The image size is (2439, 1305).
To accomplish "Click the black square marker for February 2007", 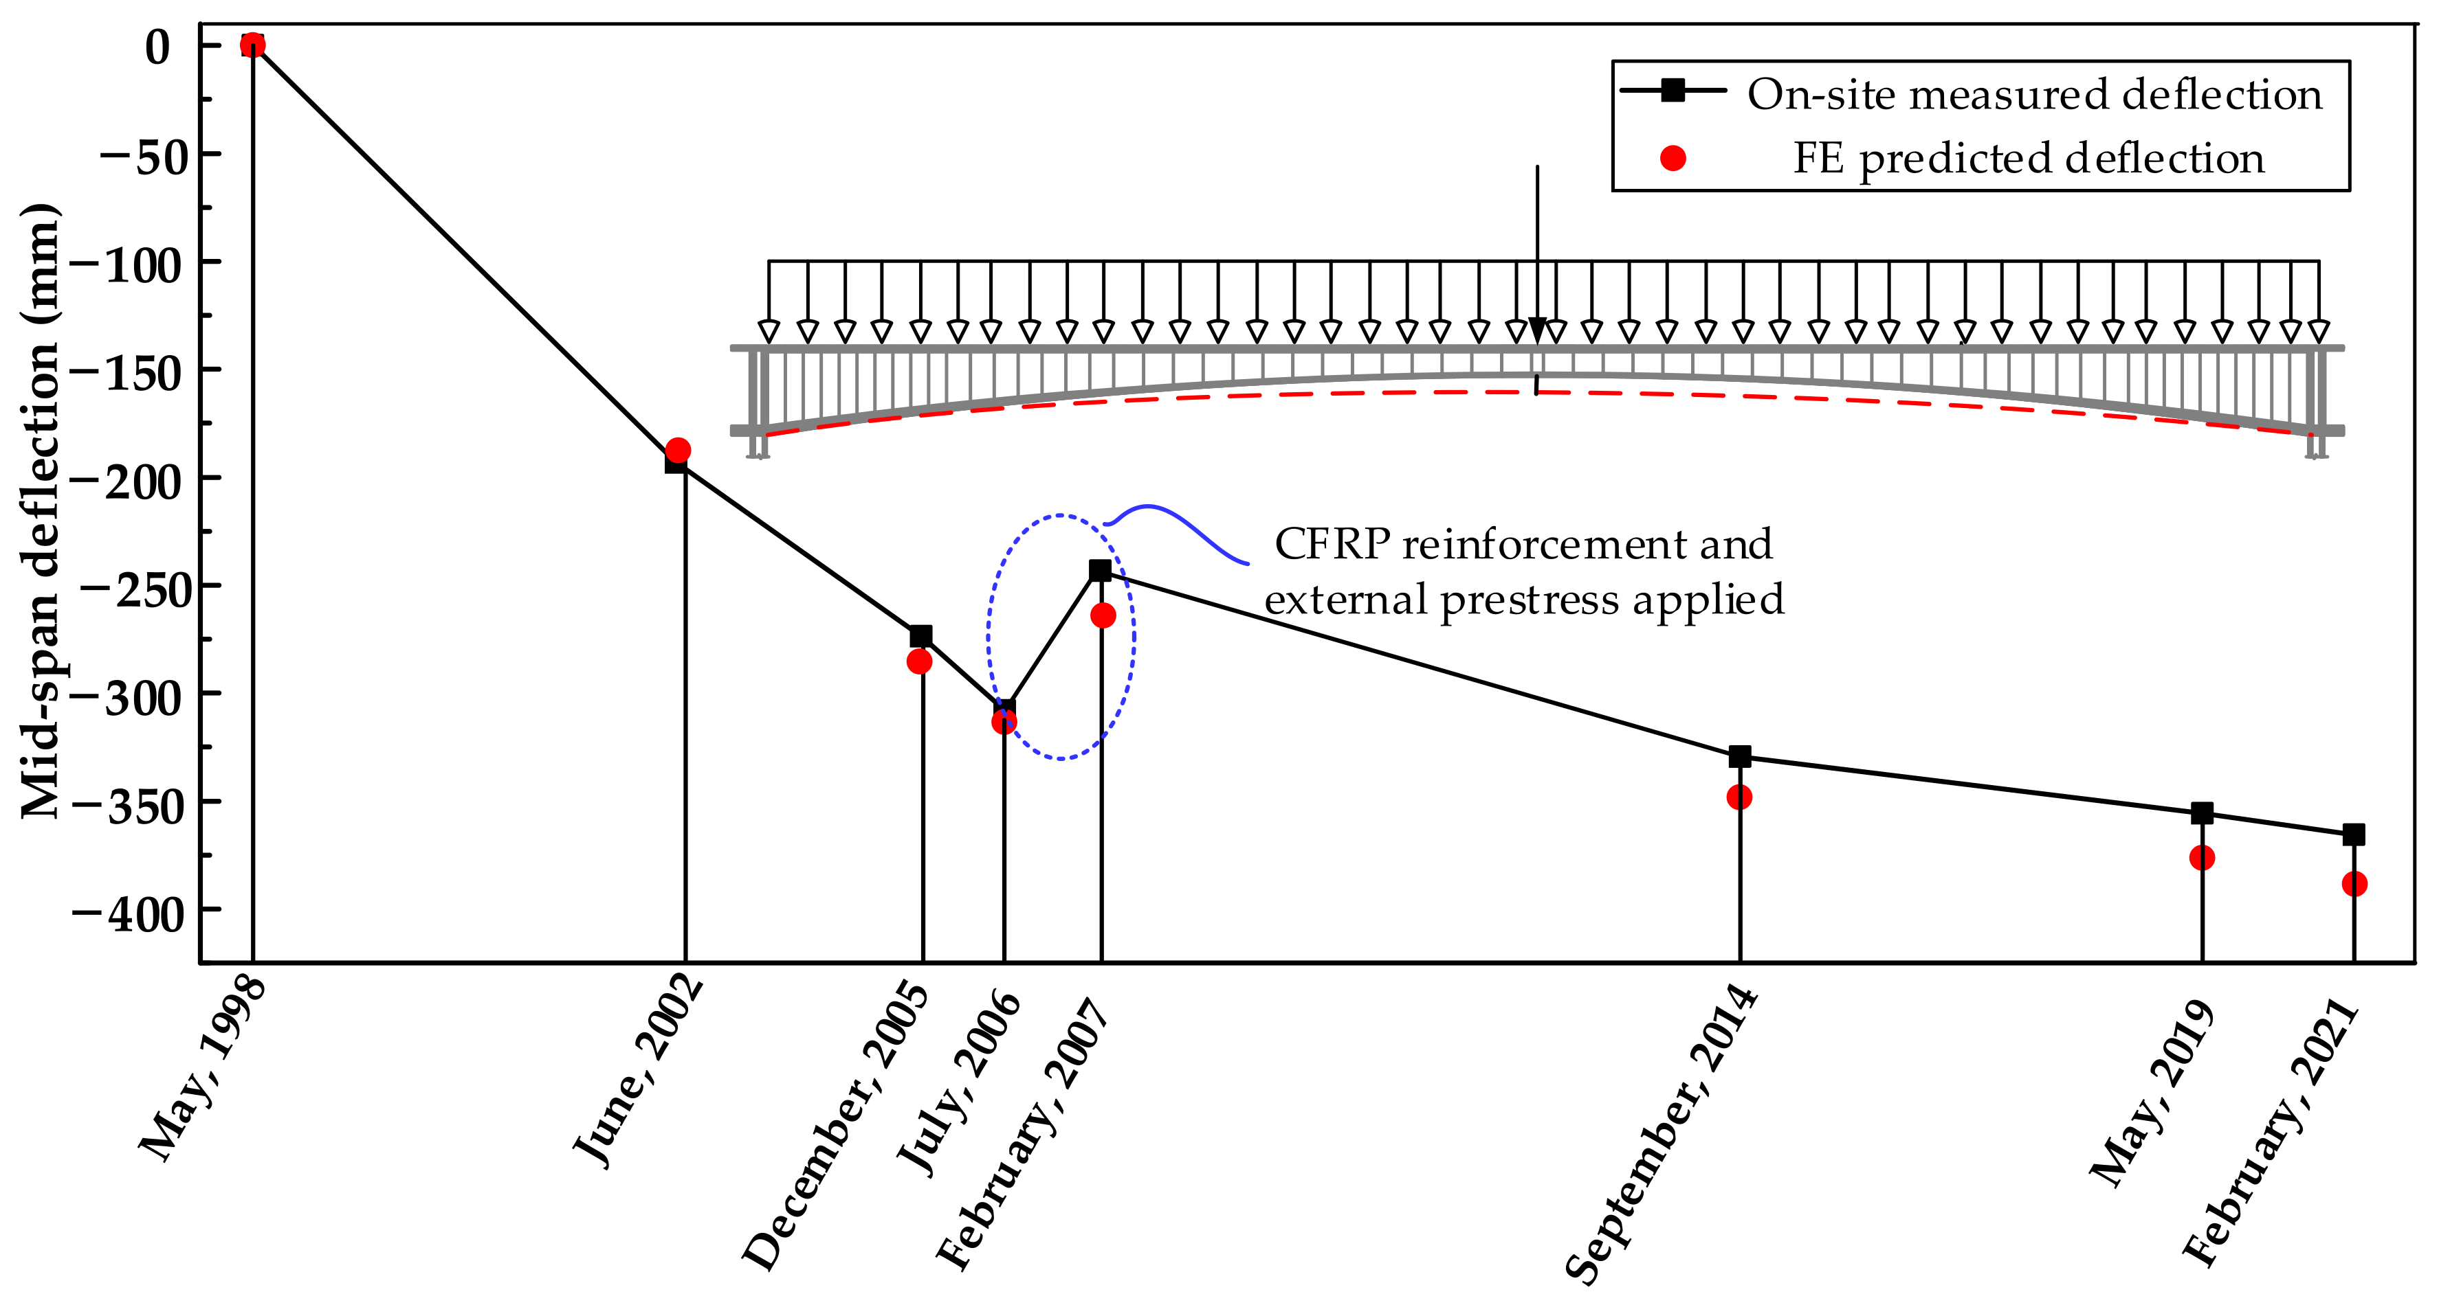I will point(1099,571).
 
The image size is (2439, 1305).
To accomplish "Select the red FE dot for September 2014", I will point(1739,797).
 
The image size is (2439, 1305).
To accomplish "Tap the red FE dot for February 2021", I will point(2354,884).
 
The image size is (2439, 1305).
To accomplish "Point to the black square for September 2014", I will point(1739,756).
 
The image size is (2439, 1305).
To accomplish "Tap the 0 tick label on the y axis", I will point(158,47).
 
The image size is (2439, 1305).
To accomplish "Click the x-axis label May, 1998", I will point(203,1069).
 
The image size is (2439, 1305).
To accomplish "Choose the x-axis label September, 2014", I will point(1662,1135).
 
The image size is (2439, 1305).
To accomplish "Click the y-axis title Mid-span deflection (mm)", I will point(40,511).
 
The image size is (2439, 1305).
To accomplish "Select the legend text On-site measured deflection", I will point(2034,95).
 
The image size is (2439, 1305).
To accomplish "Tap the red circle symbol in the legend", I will point(1673,158).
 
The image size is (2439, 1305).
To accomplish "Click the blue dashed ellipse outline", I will point(989,637).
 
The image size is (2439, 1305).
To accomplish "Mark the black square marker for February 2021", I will point(2354,835).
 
